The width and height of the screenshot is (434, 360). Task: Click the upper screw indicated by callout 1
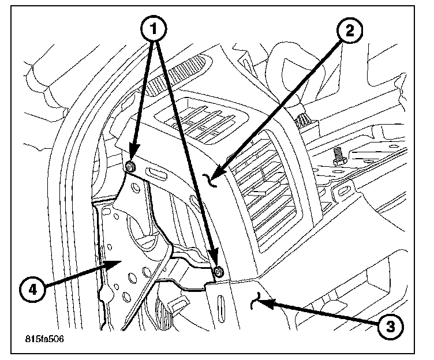pyautogui.click(x=131, y=167)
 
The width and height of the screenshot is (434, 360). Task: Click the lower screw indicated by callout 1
pyautogui.click(x=219, y=271)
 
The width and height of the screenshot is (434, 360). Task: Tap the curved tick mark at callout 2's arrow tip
pyautogui.click(x=213, y=181)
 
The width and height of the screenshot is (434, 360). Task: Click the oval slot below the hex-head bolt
pyautogui.click(x=346, y=189)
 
